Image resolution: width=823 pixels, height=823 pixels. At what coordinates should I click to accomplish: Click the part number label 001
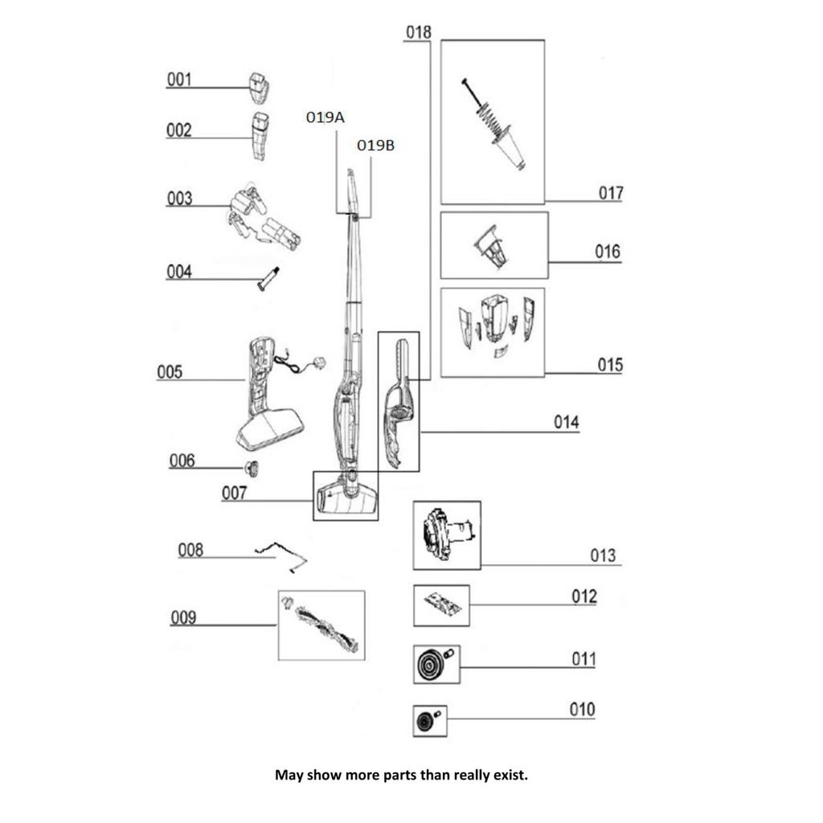click(179, 80)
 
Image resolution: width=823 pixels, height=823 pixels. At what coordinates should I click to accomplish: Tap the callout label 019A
click(326, 117)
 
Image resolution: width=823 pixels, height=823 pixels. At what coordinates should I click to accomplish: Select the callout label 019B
click(375, 145)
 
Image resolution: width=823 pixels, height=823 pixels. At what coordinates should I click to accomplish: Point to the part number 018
click(418, 32)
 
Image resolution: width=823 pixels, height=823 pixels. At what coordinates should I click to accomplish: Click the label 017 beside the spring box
click(611, 193)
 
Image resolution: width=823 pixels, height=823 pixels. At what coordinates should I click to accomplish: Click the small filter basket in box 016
click(492, 247)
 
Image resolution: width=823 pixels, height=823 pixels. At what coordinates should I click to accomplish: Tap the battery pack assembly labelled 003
click(264, 217)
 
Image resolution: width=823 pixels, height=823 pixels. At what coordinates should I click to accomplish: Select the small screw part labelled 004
click(268, 279)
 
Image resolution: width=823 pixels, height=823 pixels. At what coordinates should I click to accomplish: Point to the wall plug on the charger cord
click(318, 362)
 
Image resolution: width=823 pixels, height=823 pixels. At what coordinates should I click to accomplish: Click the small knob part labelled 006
click(252, 469)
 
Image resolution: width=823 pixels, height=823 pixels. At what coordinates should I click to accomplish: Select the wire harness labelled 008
click(281, 556)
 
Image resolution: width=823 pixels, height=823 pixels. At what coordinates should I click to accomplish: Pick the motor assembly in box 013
click(448, 534)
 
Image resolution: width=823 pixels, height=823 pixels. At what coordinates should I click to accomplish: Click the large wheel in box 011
click(431, 665)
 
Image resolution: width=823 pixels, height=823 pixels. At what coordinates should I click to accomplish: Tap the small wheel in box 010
click(424, 722)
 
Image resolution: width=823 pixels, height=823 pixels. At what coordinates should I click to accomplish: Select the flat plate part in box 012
click(442, 605)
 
